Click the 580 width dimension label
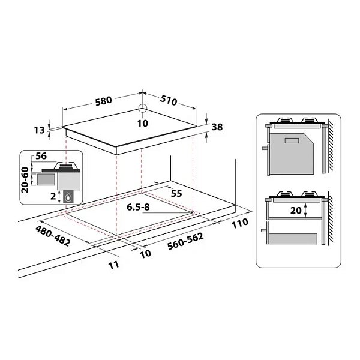point(104,101)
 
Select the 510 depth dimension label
point(169,100)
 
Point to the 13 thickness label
point(39,130)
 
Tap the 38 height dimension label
point(217,127)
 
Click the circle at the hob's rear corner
point(143,108)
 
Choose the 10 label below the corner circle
point(143,124)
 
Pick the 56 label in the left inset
point(41,156)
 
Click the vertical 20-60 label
point(25,180)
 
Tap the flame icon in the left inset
point(68,197)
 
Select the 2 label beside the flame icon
point(53,196)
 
